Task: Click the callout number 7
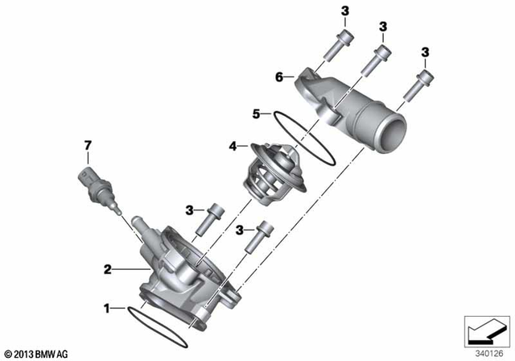(x=89, y=145)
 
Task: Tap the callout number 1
(x=105, y=307)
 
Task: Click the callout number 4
(x=232, y=147)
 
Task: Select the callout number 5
(x=256, y=114)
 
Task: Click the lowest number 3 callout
(x=239, y=230)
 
